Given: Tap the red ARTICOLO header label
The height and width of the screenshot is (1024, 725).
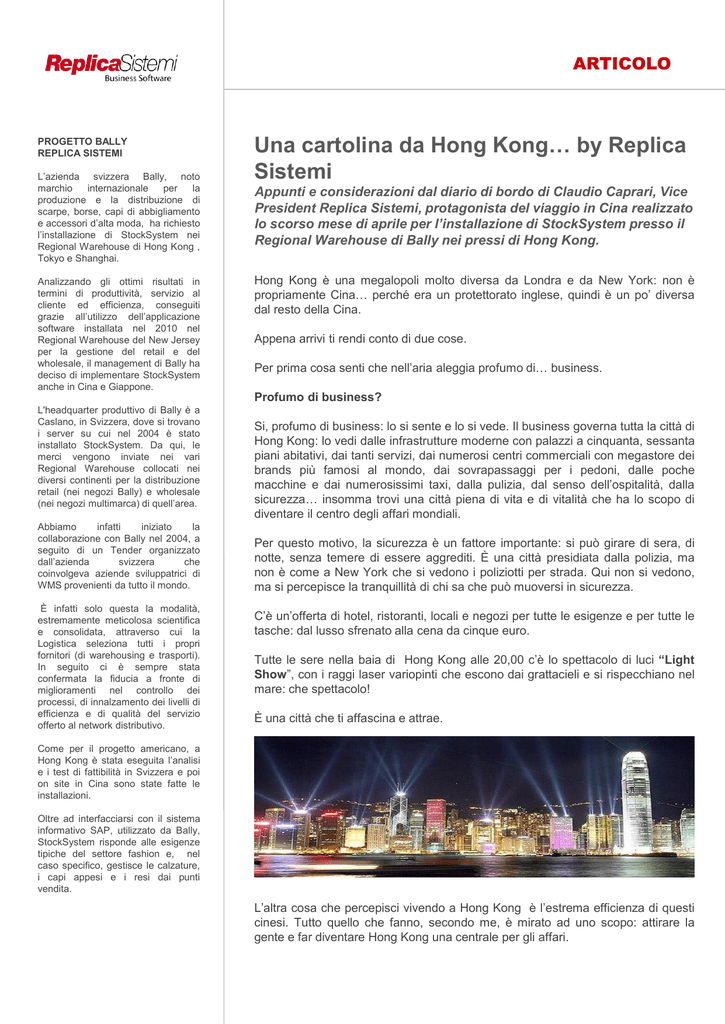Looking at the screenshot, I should click(621, 64).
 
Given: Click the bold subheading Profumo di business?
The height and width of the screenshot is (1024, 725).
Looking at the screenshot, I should click(318, 397).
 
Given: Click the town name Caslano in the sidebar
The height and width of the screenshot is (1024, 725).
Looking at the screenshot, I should click(59, 422).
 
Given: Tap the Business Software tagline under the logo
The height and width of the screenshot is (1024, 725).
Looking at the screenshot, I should click(138, 78).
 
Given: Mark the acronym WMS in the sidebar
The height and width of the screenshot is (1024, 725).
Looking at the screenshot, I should click(51, 585).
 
